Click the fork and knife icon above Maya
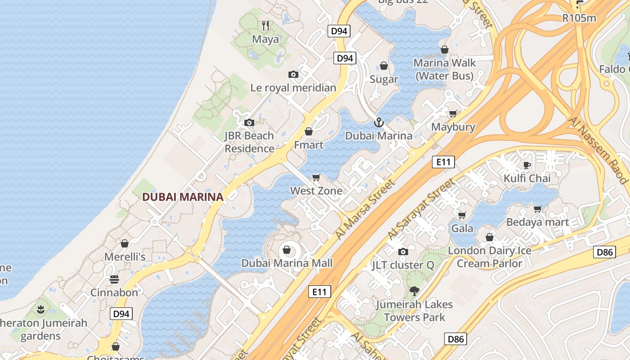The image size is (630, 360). click(265, 26)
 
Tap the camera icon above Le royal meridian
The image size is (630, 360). click(293, 75)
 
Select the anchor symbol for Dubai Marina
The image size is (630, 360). click(379, 122)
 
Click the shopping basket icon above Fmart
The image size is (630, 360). click(309, 131)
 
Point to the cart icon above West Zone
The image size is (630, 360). click(316, 177)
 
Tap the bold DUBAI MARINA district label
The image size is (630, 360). click(183, 197)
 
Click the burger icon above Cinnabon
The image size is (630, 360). click(114, 279)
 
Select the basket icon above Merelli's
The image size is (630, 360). click(125, 243)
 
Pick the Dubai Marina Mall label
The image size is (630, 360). click(287, 263)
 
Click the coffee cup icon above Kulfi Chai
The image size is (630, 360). click(527, 165)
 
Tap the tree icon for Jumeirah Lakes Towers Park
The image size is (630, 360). click(414, 291)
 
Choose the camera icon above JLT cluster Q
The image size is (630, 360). click(403, 252)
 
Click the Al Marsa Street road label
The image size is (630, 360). click(366, 209)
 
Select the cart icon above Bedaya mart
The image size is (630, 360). click(537, 209)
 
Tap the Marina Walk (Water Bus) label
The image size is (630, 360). click(445, 69)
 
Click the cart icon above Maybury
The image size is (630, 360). click(453, 113)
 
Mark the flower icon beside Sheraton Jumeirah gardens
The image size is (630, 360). click(41, 309)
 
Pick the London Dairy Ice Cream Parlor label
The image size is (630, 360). click(490, 257)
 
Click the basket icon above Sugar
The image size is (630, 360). click(384, 66)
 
